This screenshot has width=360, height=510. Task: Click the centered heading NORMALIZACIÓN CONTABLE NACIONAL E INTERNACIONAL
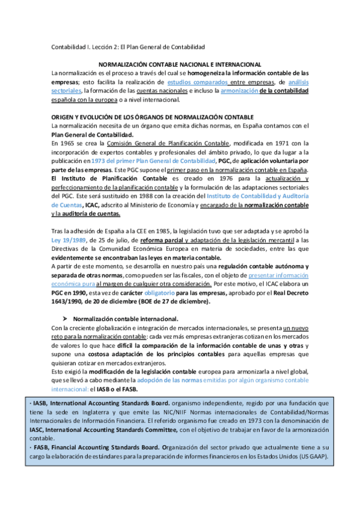pos(180,64)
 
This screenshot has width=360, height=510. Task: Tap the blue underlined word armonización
pos(240,91)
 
